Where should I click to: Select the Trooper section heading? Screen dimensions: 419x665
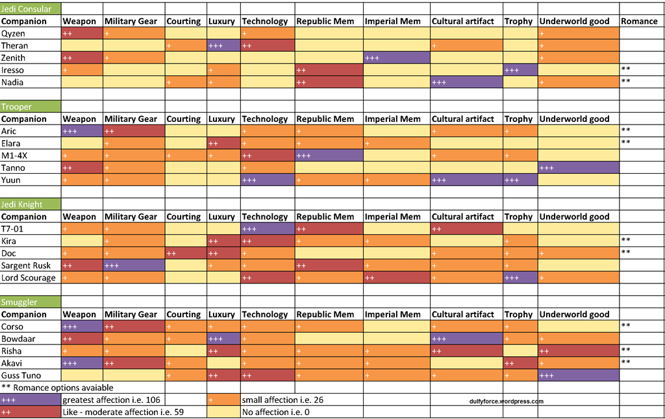pos(16,106)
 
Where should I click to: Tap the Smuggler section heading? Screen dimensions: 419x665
pos(19,302)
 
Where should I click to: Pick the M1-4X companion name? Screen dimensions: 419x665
pos(14,156)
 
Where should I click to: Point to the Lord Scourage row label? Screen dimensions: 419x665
pos(29,278)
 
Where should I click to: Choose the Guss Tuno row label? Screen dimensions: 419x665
pos(21,376)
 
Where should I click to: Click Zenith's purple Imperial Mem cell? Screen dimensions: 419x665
pos(396,58)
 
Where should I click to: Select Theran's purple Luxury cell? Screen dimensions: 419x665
pos(223,45)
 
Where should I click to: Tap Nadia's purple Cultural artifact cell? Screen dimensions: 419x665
pos(466,82)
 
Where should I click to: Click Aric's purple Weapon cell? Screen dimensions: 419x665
pos(82,131)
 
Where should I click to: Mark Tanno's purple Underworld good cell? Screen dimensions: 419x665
pos(578,168)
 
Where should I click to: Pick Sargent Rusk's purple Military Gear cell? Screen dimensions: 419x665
pos(133,265)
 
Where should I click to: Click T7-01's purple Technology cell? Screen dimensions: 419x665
pos(268,229)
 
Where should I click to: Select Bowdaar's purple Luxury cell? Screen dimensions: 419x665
pos(223,339)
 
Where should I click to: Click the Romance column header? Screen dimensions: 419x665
pos(639,21)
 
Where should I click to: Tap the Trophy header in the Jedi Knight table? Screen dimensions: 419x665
pos(518,217)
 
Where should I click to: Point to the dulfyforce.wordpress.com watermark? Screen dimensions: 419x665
pos(506,401)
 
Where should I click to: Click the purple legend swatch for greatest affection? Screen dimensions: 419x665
pos(31,400)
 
